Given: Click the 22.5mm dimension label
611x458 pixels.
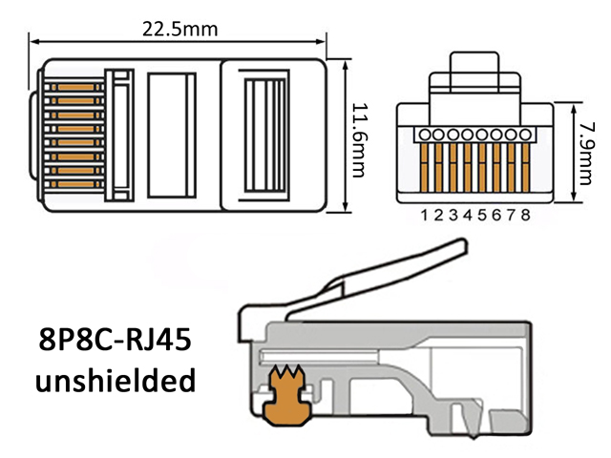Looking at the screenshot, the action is (179, 30).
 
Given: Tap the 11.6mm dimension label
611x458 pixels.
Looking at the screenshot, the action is (360, 140).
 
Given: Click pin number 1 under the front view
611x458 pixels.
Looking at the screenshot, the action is (424, 215).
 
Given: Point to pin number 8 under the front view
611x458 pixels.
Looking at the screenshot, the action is (526, 215).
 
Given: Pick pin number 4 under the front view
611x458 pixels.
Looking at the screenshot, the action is (468, 215).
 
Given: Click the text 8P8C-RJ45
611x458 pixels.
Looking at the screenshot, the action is (116, 340).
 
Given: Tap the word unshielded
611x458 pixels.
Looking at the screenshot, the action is (116, 380).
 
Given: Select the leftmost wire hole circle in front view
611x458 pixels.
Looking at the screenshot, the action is (424, 135).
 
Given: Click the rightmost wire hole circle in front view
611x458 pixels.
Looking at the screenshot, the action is (525, 135).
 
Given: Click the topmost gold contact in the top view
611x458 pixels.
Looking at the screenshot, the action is (76, 87).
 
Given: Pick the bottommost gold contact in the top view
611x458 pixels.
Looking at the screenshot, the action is (76, 184).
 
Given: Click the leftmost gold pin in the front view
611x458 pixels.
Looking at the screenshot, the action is (424, 168).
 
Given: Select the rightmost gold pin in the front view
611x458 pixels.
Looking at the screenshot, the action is (525, 168).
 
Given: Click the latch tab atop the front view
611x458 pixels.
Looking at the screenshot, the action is (474, 73).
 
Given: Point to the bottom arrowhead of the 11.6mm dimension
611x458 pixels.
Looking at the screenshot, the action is (346, 207).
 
